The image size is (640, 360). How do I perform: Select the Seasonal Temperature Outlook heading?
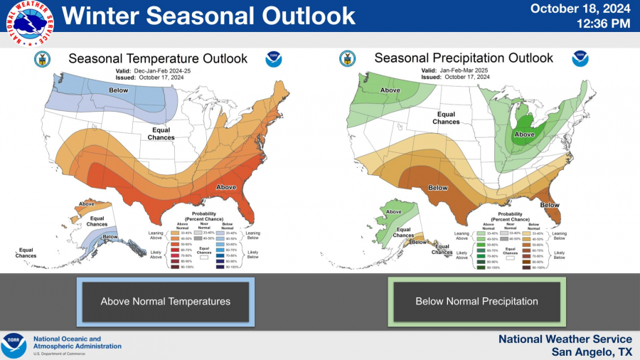coord(158,58)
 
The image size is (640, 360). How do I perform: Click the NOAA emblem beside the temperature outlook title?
coord(274,59)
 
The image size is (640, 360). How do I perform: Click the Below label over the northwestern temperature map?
coord(118,90)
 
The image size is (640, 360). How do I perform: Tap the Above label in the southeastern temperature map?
coord(227,188)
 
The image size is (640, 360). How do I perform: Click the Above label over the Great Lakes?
coord(524,134)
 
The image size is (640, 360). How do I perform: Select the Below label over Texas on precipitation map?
coord(438,188)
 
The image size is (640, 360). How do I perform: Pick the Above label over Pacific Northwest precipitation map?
coord(390,90)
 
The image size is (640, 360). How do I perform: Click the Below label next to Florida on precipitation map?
coord(549,205)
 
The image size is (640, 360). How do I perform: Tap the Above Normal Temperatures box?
coord(166,302)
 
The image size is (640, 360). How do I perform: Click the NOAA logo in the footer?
coord(14,345)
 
